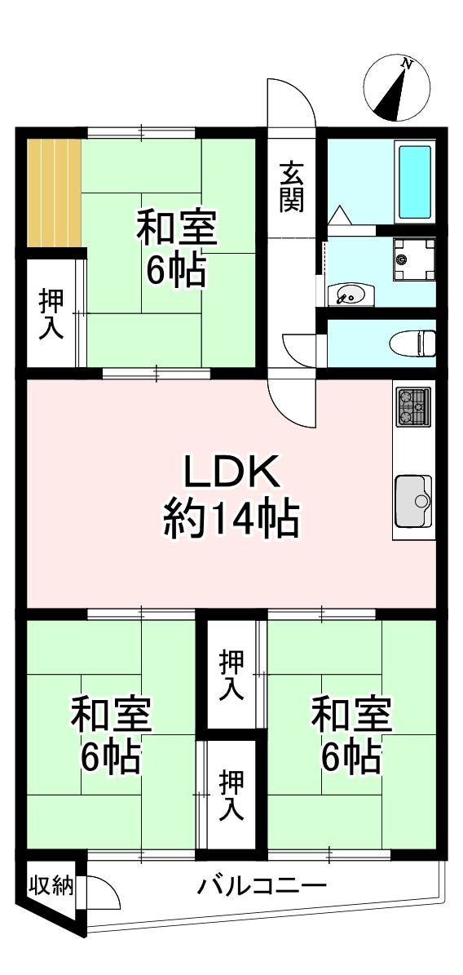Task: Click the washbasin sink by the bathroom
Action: coord(353,294)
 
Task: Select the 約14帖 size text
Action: coord(231,521)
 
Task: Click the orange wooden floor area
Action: coord(54,193)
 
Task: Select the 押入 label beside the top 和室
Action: coord(51,315)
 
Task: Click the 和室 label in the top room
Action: coord(177,228)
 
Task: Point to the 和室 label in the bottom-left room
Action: coord(111,715)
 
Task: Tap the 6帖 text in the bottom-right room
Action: coord(351,756)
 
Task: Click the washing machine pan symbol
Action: coord(413,259)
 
